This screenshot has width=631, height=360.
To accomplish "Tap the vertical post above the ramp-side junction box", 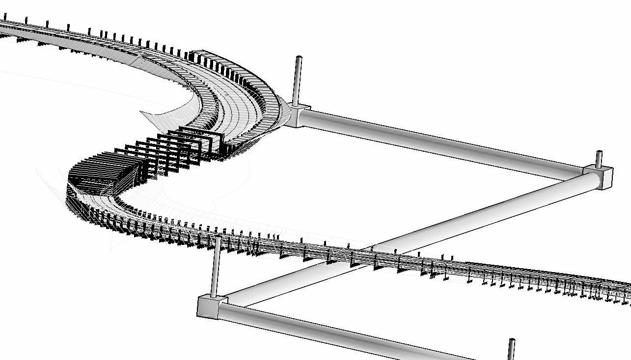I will click(x=298, y=81).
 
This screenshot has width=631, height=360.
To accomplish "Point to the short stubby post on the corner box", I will click(x=599, y=159).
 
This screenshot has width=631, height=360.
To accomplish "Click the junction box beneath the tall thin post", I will click(x=212, y=306).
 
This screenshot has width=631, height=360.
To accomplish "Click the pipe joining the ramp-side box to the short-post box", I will click(x=442, y=144).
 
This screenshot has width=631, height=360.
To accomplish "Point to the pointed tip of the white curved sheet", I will click(x=142, y=113).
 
